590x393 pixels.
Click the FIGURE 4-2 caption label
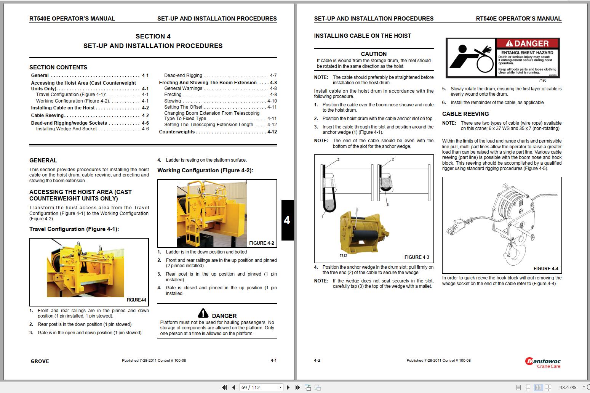[261, 243]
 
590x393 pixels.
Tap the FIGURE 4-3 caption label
[416, 257]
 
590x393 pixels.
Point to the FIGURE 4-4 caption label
[545, 269]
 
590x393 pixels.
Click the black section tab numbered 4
[287, 220]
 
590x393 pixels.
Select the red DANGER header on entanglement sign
[528, 43]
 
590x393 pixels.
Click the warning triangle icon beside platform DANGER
[203, 313]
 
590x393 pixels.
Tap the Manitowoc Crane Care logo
[543, 363]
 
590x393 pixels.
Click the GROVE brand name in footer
[40, 361]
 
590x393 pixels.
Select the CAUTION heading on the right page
[374, 54]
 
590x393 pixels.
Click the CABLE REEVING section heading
[465, 114]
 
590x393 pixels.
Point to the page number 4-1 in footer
[273, 360]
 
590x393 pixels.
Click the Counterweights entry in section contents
[177, 132]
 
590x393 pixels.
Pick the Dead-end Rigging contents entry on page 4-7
[183, 75]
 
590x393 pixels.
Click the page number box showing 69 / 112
[261, 387]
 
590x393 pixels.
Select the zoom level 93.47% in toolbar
[568, 387]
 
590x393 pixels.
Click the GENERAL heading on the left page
[43, 160]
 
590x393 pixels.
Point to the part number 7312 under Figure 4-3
[343, 256]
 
